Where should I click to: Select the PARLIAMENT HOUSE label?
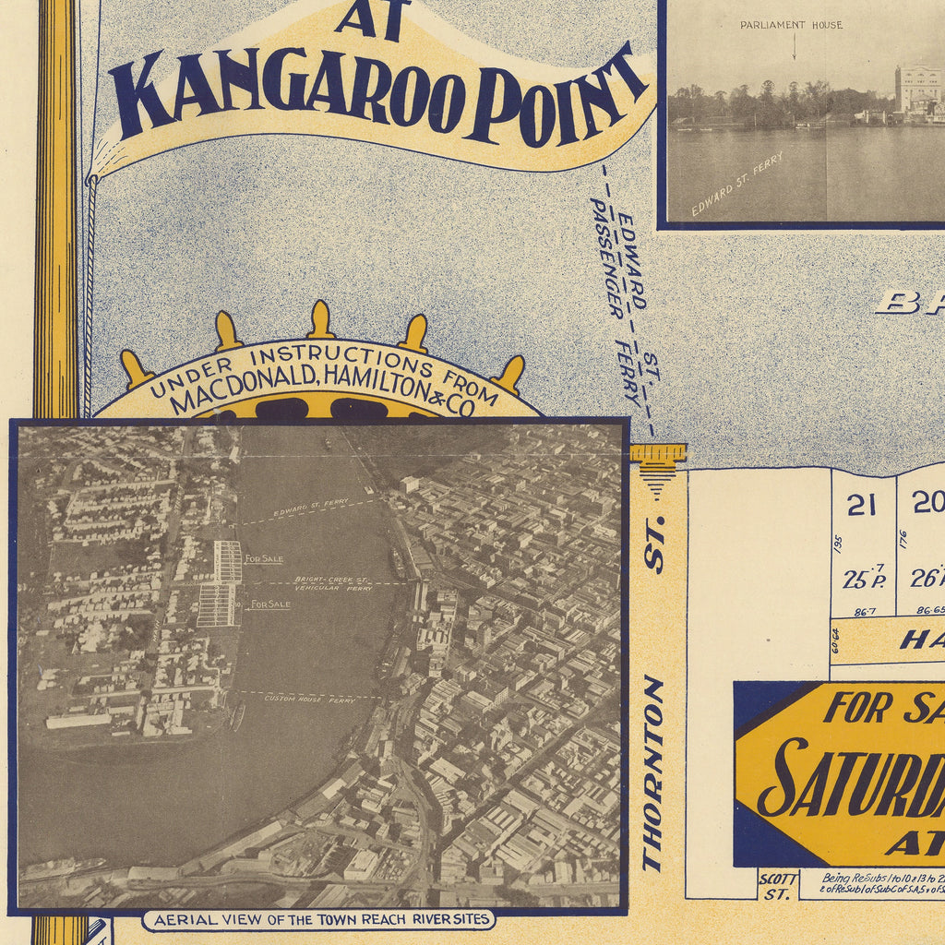click(x=791, y=25)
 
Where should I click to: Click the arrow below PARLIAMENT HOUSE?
click(x=794, y=48)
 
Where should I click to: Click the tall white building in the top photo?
click(x=916, y=89)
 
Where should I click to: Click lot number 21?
click(x=861, y=505)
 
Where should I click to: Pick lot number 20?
click(x=926, y=502)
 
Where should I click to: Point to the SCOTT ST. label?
click(x=777, y=886)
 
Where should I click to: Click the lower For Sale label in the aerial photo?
click(x=270, y=604)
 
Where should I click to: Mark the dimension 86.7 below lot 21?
click(x=865, y=611)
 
